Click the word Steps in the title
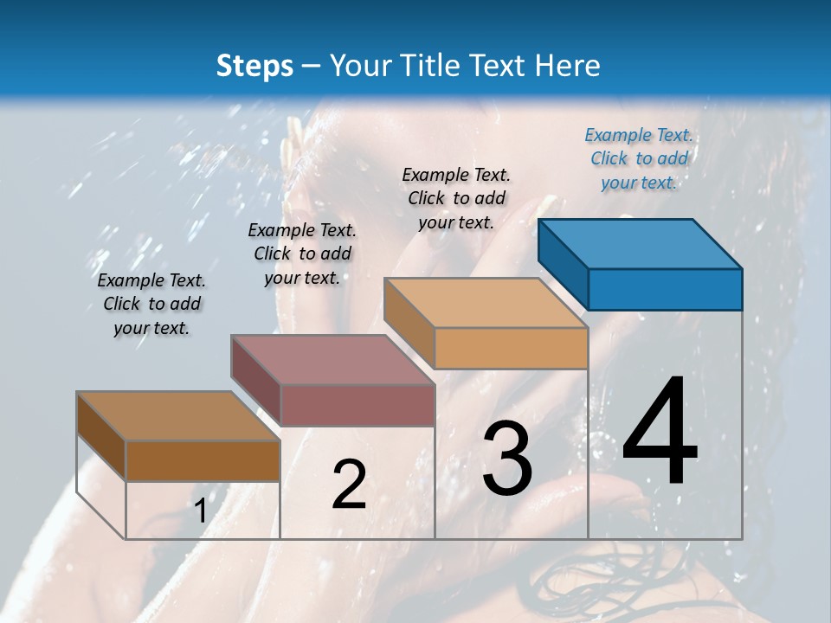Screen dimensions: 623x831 254,66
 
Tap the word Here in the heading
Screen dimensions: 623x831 568,66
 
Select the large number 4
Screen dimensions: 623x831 660,433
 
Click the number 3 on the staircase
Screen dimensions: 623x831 506,459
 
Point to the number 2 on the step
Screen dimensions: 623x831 349,485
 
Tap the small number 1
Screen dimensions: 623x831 200,511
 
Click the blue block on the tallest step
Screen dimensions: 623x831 641,265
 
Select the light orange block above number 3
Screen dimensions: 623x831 486,324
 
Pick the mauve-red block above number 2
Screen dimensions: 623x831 332,381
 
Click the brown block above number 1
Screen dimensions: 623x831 178,437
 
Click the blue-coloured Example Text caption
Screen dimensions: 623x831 639,158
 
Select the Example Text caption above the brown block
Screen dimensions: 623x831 151,304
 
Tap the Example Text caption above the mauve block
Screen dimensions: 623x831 302,254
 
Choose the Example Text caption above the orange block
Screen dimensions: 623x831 456,198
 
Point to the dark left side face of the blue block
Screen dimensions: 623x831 563,263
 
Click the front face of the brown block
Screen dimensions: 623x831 203,460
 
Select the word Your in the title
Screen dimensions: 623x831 362,66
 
